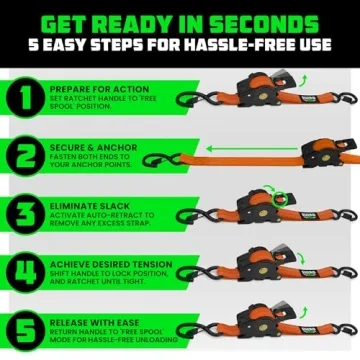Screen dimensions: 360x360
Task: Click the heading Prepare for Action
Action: tap(92, 87)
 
